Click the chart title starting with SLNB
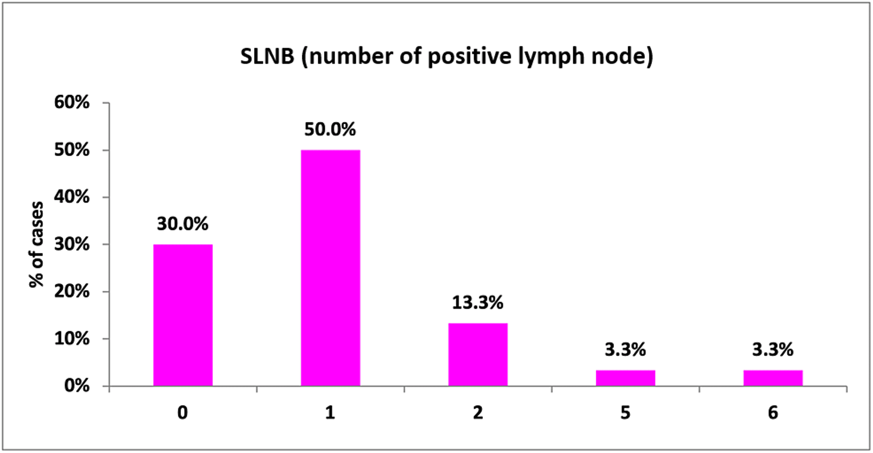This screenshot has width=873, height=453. click(x=446, y=56)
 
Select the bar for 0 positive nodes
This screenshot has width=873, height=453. click(x=183, y=315)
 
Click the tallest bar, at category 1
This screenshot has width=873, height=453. click(x=330, y=268)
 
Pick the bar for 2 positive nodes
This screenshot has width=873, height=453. click(x=478, y=354)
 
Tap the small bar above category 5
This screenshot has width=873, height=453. click(x=625, y=378)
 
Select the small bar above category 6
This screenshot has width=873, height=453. click(x=773, y=378)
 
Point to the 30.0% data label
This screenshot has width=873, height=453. click(x=182, y=224)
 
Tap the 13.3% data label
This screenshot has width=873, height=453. click(x=478, y=302)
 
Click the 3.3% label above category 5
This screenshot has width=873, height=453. click(x=625, y=349)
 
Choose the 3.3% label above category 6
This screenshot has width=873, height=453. click(x=773, y=349)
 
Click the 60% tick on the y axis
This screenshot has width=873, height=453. click(x=72, y=102)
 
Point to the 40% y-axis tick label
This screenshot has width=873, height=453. click(x=72, y=197)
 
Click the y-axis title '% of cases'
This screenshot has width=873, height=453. click(x=36, y=245)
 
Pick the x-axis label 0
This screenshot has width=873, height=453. click(x=182, y=413)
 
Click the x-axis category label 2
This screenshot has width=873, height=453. click(x=478, y=413)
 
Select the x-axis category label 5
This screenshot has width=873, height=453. click(x=625, y=413)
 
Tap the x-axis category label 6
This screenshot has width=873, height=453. click(x=773, y=413)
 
